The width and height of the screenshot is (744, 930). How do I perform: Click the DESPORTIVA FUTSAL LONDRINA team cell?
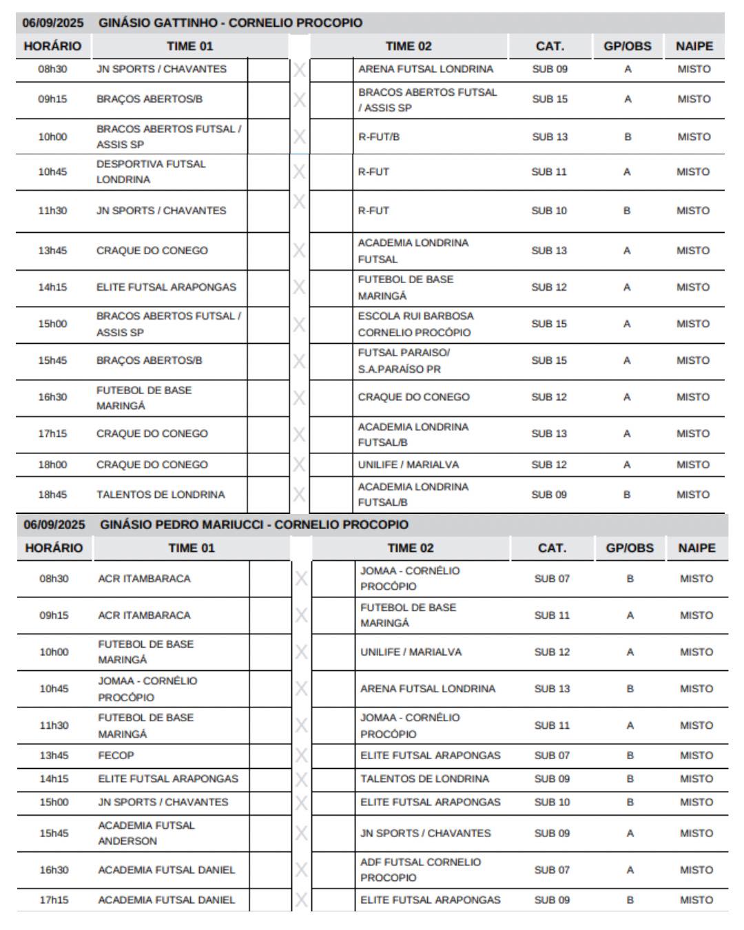[x=151, y=172]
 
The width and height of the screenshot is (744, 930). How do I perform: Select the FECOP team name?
[x=116, y=755]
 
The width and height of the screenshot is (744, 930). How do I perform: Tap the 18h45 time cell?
[x=52, y=495]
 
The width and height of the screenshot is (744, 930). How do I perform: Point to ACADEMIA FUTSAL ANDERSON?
[x=146, y=833]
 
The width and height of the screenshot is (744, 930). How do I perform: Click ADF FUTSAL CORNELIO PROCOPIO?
[x=420, y=869]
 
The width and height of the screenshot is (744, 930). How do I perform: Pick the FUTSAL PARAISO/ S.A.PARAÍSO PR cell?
[x=404, y=360]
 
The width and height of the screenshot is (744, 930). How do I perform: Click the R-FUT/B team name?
[x=379, y=136]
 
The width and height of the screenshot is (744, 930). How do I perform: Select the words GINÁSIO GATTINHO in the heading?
[x=158, y=23]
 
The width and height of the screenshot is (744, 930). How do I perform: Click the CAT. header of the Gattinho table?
[x=550, y=46]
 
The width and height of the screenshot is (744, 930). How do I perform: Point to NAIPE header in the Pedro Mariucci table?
[x=696, y=548]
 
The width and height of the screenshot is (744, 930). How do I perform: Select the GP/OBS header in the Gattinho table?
[x=627, y=46]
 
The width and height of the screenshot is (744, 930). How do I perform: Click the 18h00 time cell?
[x=52, y=464]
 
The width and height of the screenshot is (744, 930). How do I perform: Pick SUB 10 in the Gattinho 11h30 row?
[x=549, y=211]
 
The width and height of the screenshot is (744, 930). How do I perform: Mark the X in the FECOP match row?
[x=301, y=756]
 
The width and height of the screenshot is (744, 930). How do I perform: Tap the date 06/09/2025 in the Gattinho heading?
[x=52, y=23]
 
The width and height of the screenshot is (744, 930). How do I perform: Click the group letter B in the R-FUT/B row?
[x=628, y=136]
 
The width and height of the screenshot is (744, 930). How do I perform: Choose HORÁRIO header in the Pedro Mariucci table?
[x=54, y=548]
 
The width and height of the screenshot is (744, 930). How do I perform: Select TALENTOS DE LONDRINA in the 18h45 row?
[x=161, y=495]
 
